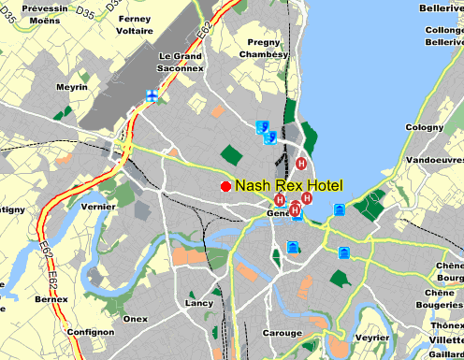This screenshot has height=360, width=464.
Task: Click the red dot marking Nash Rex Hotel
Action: [x=225, y=187]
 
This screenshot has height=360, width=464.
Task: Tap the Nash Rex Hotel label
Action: [x=289, y=186]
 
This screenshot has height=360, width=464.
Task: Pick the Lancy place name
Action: [x=199, y=303]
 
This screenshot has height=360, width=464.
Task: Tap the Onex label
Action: [x=136, y=319]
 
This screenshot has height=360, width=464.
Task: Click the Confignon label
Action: [x=90, y=332]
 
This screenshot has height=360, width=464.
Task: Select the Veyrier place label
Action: [x=372, y=337]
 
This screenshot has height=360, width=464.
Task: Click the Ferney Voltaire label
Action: [x=135, y=24]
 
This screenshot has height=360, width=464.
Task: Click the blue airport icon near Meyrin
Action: [x=151, y=95]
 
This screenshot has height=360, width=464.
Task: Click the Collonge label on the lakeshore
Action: [x=444, y=30]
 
